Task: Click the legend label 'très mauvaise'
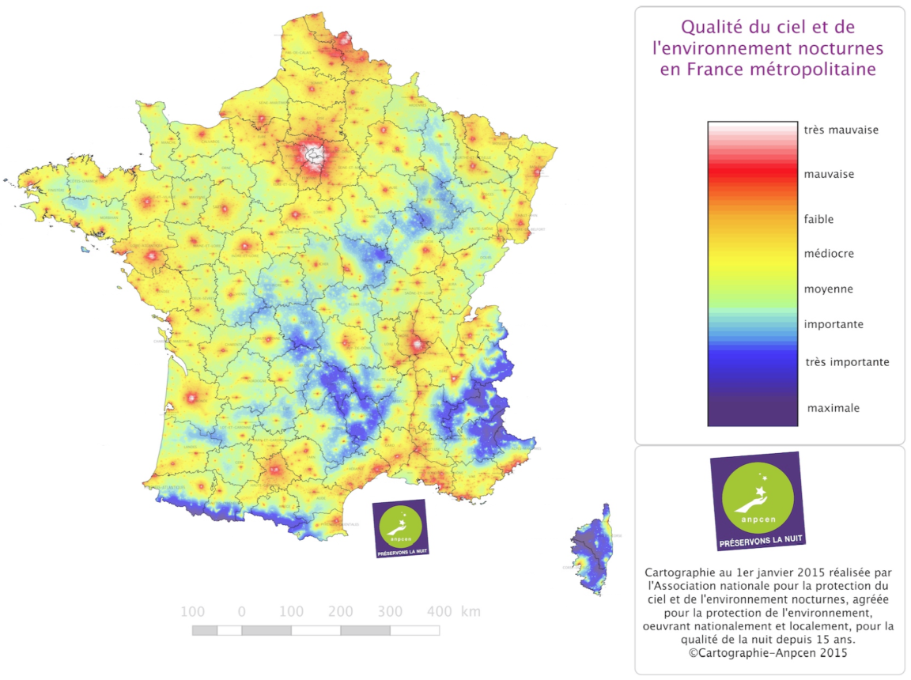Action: click(x=841, y=130)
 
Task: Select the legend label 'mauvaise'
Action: click(x=829, y=174)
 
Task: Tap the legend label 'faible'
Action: click(x=818, y=219)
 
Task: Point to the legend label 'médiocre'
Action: click(x=829, y=254)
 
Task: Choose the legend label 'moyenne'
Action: click(x=828, y=289)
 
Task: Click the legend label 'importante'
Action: click(x=834, y=324)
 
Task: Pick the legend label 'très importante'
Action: click(x=847, y=362)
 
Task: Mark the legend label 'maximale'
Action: click(x=833, y=408)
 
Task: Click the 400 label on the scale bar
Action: click(x=440, y=611)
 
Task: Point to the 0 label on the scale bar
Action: click(x=241, y=611)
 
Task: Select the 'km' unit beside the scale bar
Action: click(x=471, y=611)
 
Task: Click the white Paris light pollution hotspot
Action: click(x=314, y=157)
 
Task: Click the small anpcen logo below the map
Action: click(x=400, y=528)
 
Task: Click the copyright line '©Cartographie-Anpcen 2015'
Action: click(x=769, y=653)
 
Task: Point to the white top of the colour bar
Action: click(x=752, y=127)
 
